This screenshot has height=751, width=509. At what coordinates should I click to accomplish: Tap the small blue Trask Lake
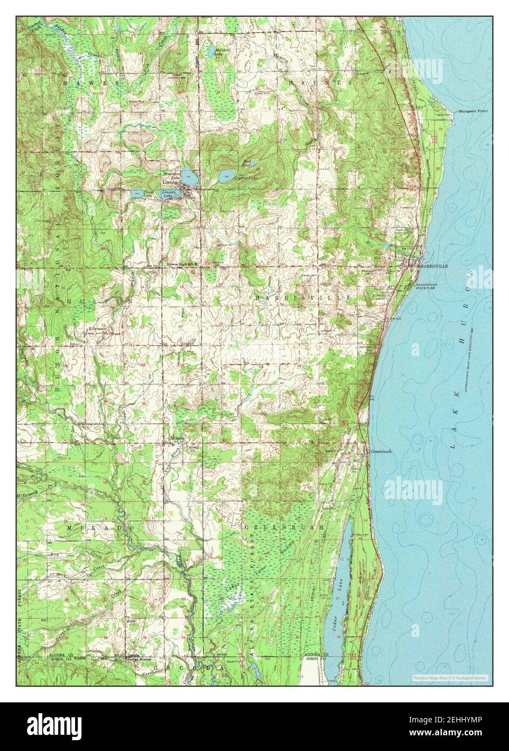tap(138, 193)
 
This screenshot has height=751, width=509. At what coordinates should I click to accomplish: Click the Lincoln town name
tap(171, 183)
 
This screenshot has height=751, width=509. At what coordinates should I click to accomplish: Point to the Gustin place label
tap(187, 342)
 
